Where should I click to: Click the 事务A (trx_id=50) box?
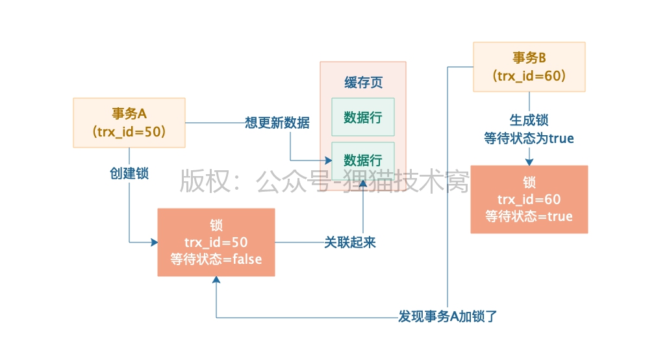[129, 122]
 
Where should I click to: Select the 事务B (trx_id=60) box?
[529, 66]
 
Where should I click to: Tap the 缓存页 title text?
[363, 83]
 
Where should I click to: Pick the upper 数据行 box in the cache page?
[362, 117]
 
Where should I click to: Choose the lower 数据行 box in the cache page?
[362, 161]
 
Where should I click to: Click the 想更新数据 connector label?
[277, 122]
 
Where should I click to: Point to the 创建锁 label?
[129, 174]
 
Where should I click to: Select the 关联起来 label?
[349, 242]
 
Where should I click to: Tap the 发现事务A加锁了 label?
[448, 317]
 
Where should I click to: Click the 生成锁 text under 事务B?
[529, 121]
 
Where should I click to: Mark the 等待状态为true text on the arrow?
[529, 138]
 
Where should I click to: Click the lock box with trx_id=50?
[216, 242]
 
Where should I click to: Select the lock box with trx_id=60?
[529, 199]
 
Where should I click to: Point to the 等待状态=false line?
[216, 259]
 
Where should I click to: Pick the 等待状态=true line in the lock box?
[529, 216]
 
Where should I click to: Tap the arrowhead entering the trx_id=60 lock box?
[529, 161]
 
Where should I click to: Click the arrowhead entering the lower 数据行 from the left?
[327, 161]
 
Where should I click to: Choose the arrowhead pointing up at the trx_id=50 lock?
[216, 280]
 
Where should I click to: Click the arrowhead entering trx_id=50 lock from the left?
[154, 242]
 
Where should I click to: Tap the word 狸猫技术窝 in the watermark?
[409, 183]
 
